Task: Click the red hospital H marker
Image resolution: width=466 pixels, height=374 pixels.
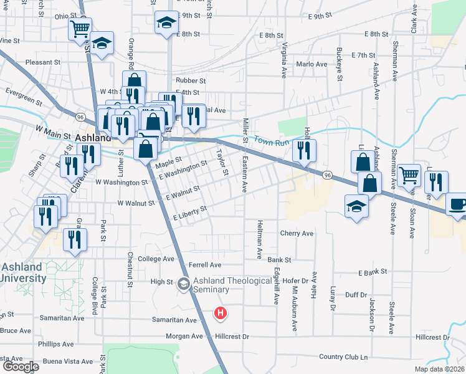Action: pyautogui.click(x=220, y=314)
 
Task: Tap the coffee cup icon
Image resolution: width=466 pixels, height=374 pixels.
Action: pyautogui.click(x=458, y=204)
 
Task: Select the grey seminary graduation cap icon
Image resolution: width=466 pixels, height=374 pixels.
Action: pyautogui.click(x=183, y=284)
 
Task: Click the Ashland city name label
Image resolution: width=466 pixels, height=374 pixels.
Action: pyautogui.click(x=92, y=137)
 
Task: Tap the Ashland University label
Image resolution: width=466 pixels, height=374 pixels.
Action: pyautogui.click(x=22, y=272)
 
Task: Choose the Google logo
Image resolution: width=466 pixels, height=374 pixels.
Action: pyautogui.click(x=20, y=367)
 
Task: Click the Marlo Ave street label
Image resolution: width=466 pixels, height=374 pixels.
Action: pyautogui.click(x=311, y=64)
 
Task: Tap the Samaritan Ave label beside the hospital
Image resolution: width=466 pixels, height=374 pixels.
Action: pyautogui.click(x=174, y=320)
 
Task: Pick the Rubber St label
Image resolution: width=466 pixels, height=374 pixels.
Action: pyautogui.click(x=191, y=80)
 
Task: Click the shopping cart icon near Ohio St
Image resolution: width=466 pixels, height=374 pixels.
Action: pyautogui.click(x=80, y=28)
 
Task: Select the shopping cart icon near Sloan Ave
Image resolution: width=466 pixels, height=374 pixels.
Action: pyautogui.click(x=409, y=175)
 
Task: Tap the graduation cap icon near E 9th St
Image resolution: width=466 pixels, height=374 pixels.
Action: pyautogui.click(x=166, y=23)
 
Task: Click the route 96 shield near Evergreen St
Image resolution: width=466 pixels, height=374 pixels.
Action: pyautogui.click(x=80, y=117)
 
